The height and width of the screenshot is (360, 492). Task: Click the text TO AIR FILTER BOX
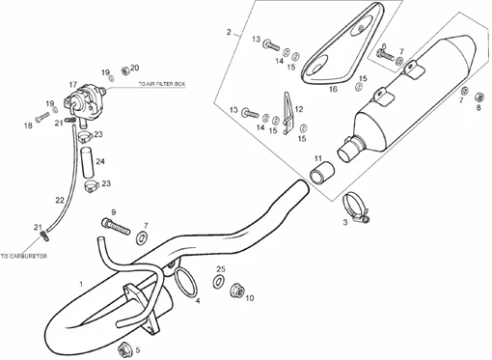[162, 84]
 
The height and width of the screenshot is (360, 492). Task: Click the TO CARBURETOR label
[24, 257]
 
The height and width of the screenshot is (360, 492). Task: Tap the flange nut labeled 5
[124, 349]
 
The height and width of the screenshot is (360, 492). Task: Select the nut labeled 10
[236, 291]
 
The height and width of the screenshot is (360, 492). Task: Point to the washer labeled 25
[219, 281]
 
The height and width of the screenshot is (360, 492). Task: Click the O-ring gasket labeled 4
[185, 282]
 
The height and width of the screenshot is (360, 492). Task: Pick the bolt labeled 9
[116, 226]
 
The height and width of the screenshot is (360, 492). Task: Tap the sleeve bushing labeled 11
[321, 174]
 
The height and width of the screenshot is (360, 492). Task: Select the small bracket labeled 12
[288, 113]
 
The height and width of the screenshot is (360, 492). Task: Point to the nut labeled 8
[478, 97]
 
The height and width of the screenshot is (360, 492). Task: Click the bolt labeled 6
[385, 56]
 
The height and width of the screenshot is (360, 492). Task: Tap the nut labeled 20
[124, 70]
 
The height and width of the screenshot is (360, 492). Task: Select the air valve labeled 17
[85, 102]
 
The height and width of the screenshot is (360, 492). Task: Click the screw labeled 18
[42, 117]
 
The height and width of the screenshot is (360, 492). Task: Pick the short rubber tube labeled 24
[88, 162]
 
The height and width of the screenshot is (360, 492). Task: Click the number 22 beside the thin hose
[60, 200]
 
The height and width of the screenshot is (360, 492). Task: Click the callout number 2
[229, 32]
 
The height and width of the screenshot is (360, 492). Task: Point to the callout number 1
[81, 285]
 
